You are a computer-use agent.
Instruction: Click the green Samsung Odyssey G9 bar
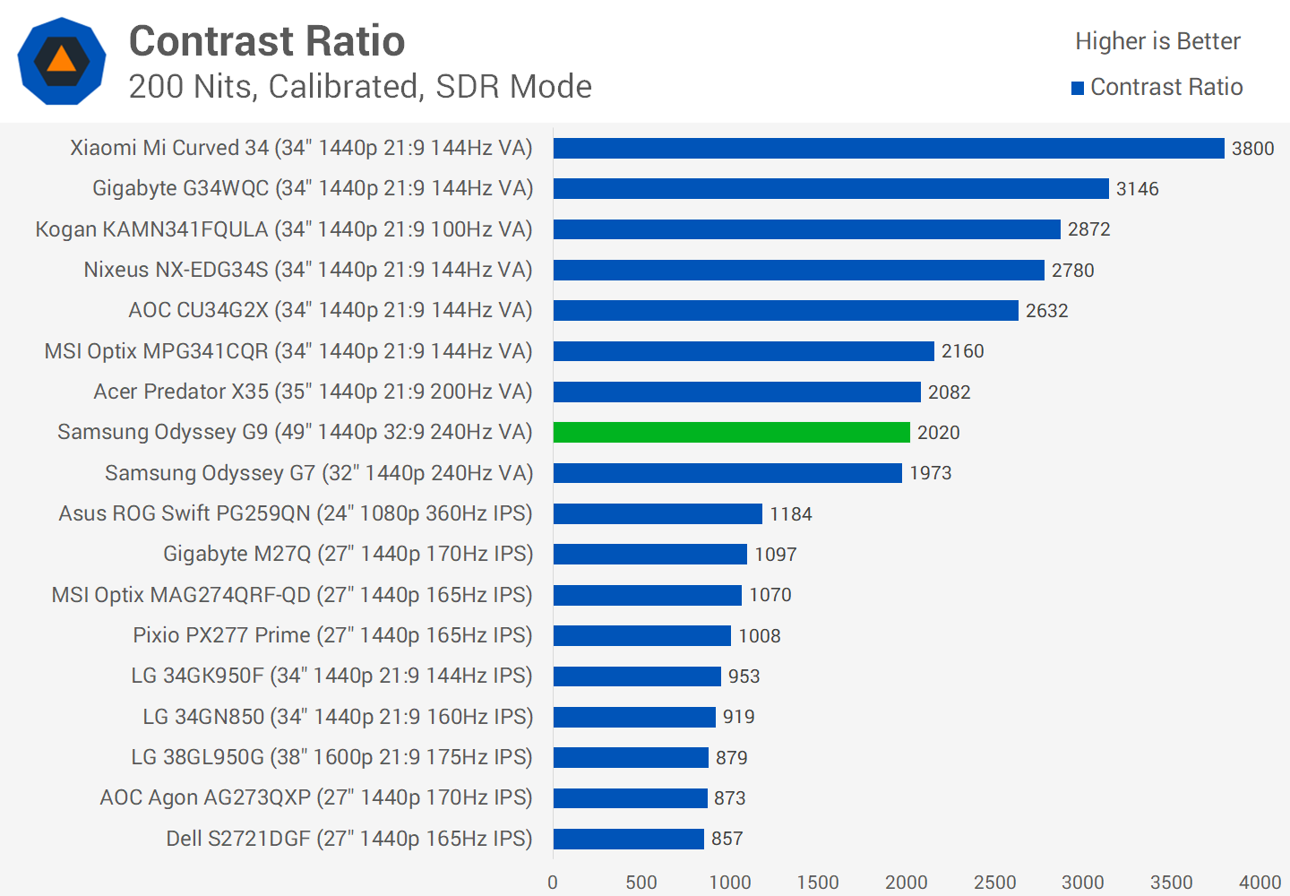(x=731, y=432)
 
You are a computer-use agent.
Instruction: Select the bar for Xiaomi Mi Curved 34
(x=888, y=148)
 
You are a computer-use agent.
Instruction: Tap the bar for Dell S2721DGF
(x=628, y=839)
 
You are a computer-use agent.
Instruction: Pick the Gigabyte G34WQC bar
(x=830, y=188)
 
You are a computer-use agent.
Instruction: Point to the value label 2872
(x=1088, y=229)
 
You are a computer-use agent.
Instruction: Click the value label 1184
(x=790, y=514)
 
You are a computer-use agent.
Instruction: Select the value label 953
(x=744, y=676)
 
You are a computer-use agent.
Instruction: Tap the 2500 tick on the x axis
(x=994, y=883)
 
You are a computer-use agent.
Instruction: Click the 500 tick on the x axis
(x=641, y=883)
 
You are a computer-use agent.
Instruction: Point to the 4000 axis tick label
(x=1260, y=883)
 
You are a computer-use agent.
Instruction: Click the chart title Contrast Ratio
(x=267, y=41)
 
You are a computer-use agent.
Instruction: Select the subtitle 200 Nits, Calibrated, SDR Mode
(x=360, y=87)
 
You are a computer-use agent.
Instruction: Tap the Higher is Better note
(x=1157, y=41)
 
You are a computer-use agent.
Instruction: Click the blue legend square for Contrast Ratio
(x=1078, y=88)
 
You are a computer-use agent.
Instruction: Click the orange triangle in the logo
(x=61, y=60)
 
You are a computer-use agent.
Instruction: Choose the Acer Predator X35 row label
(x=313, y=392)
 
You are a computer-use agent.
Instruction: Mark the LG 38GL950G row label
(x=331, y=757)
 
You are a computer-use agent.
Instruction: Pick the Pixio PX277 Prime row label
(x=332, y=635)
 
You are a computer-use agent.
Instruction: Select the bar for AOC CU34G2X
(x=786, y=310)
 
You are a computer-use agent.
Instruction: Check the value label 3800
(x=1252, y=149)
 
